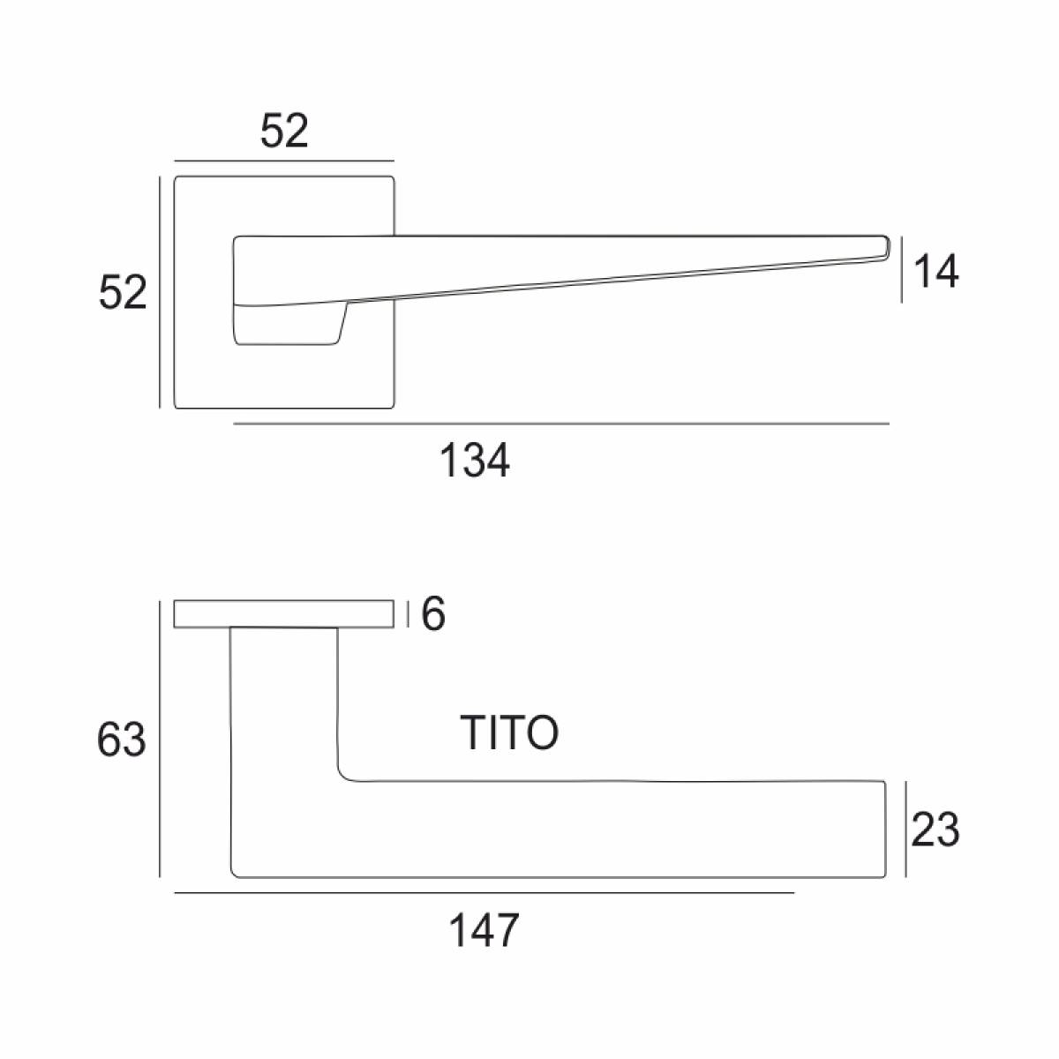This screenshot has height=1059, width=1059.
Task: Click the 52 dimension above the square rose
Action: (x=284, y=131)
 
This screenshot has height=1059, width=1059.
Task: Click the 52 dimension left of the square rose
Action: (x=123, y=292)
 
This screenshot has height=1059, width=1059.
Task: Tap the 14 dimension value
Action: (x=935, y=272)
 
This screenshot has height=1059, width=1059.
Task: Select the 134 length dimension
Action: (x=475, y=461)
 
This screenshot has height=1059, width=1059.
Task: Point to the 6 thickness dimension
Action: (x=433, y=614)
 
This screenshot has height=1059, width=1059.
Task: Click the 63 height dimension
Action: (x=122, y=740)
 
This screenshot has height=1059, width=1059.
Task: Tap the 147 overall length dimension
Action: (x=484, y=929)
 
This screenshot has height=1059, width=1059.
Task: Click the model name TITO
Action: (x=509, y=732)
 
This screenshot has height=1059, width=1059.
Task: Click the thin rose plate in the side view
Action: (x=283, y=614)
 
